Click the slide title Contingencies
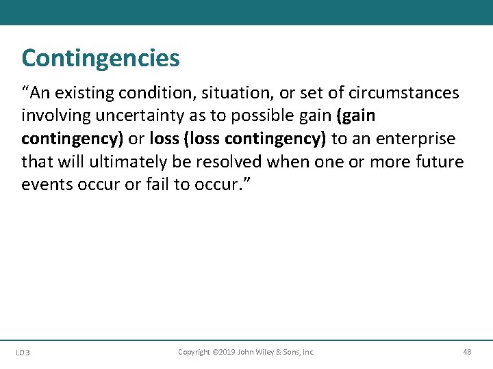tap(101, 58)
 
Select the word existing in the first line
tap(87, 93)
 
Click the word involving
tap(53, 116)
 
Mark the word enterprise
tap(415, 139)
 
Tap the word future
tap(441, 163)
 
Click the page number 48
tap(467, 352)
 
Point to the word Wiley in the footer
tap(264, 352)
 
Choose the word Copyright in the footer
tap(194, 352)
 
